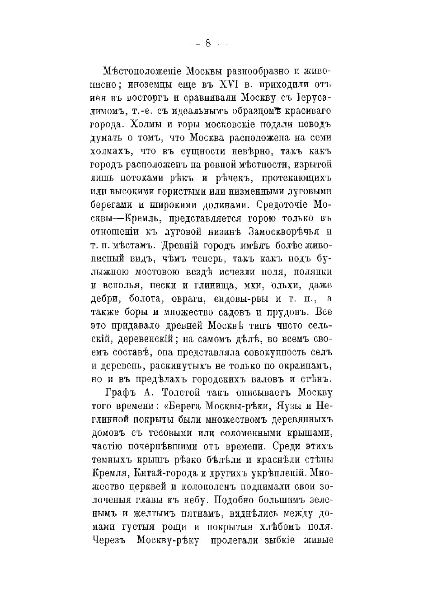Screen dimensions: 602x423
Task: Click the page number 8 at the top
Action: pos(208,43)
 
